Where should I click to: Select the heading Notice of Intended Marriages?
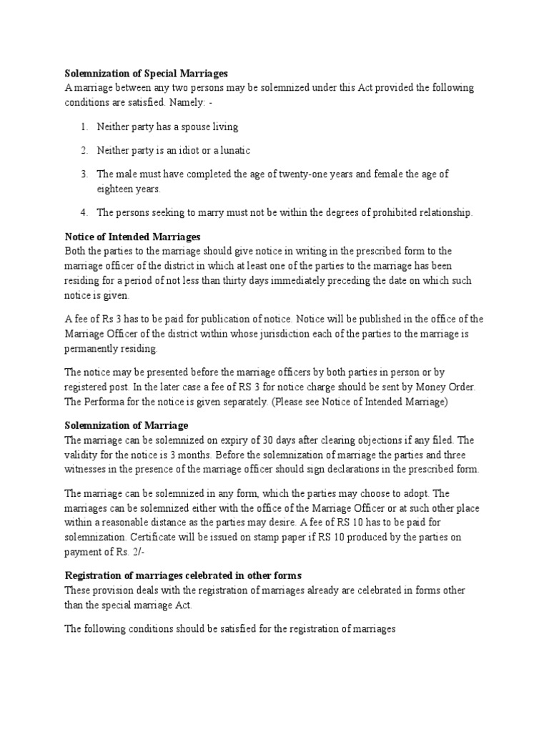click(x=133, y=236)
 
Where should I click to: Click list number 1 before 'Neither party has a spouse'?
click(x=84, y=127)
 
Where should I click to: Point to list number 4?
click(x=84, y=212)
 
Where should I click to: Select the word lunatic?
click(x=234, y=150)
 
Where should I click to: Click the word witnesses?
click(x=87, y=470)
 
